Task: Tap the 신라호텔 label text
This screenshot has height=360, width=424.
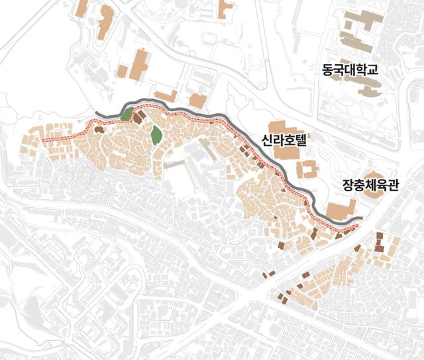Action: coord(283,140)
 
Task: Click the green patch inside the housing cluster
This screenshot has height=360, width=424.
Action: coord(156,134)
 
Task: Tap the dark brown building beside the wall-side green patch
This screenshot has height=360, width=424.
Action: coord(139,117)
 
